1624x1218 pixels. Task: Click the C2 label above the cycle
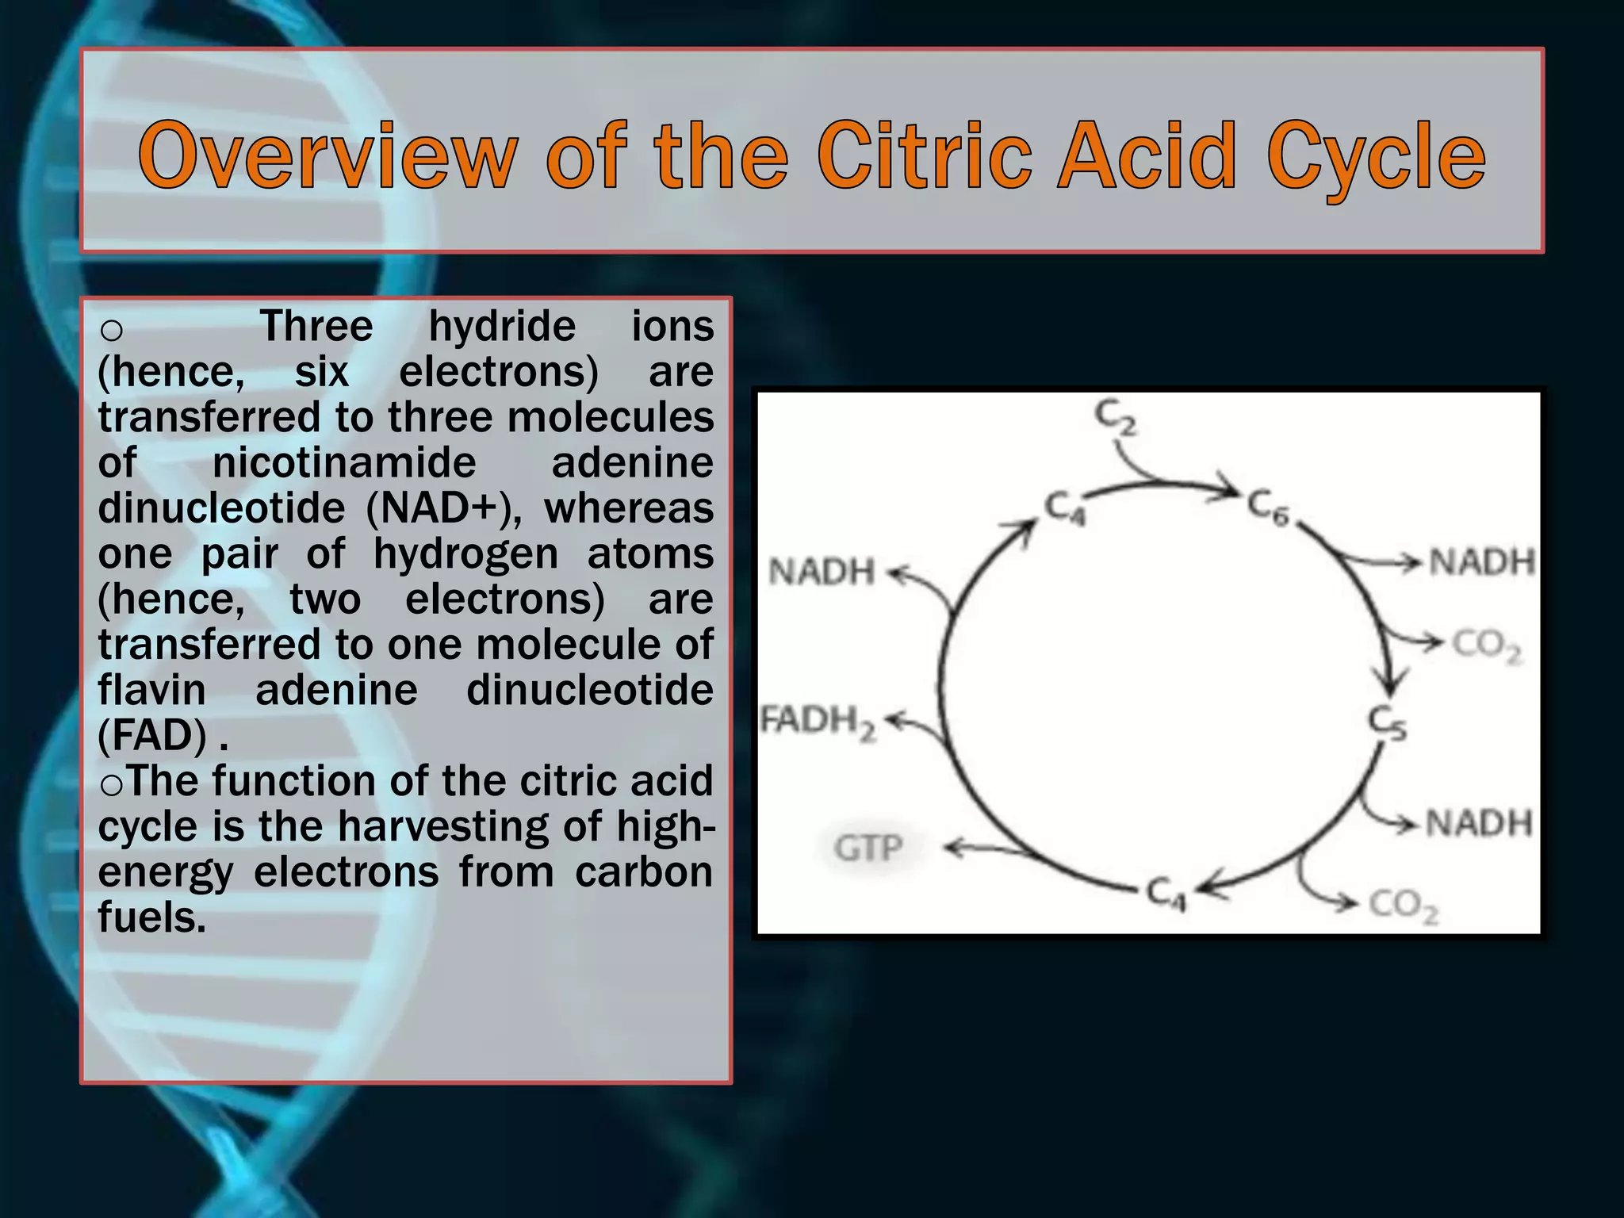tap(1115, 418)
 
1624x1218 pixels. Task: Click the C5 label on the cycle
tap(1387, 722)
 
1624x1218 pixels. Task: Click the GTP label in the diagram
tap(868, 848)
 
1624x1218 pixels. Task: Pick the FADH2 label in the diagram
tap(818, 722)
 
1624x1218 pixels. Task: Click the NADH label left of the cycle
tap(822, 572)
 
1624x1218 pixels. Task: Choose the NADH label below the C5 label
tap(1479, 823)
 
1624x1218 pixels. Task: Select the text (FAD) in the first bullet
tap(152, 735)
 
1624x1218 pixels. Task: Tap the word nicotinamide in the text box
tap(343, 462)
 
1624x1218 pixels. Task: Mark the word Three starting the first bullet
tap(316, 326)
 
